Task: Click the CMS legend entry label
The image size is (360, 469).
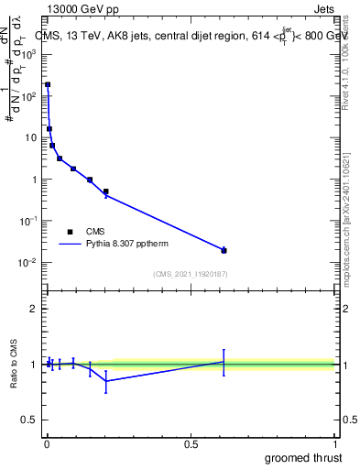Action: point(96,232)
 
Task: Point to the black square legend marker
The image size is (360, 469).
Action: point(70,232)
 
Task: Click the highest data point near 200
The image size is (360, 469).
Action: point(48,84)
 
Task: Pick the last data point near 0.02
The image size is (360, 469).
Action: point(224,250)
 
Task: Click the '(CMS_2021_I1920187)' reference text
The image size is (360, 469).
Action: point(191,274)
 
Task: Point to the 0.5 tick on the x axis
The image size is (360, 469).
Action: point(191,444)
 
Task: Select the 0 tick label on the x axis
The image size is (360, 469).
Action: point(47,444)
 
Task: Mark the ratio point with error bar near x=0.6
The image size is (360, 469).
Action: point(224,362)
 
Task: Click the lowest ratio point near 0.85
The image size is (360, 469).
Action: point(106,380)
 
